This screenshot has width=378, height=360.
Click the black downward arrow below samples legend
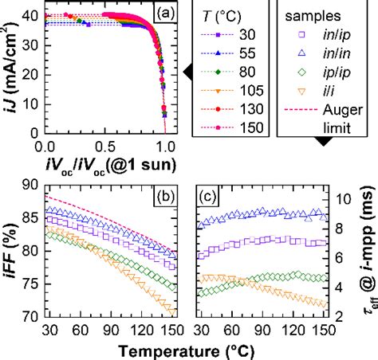(x=324, y=141)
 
